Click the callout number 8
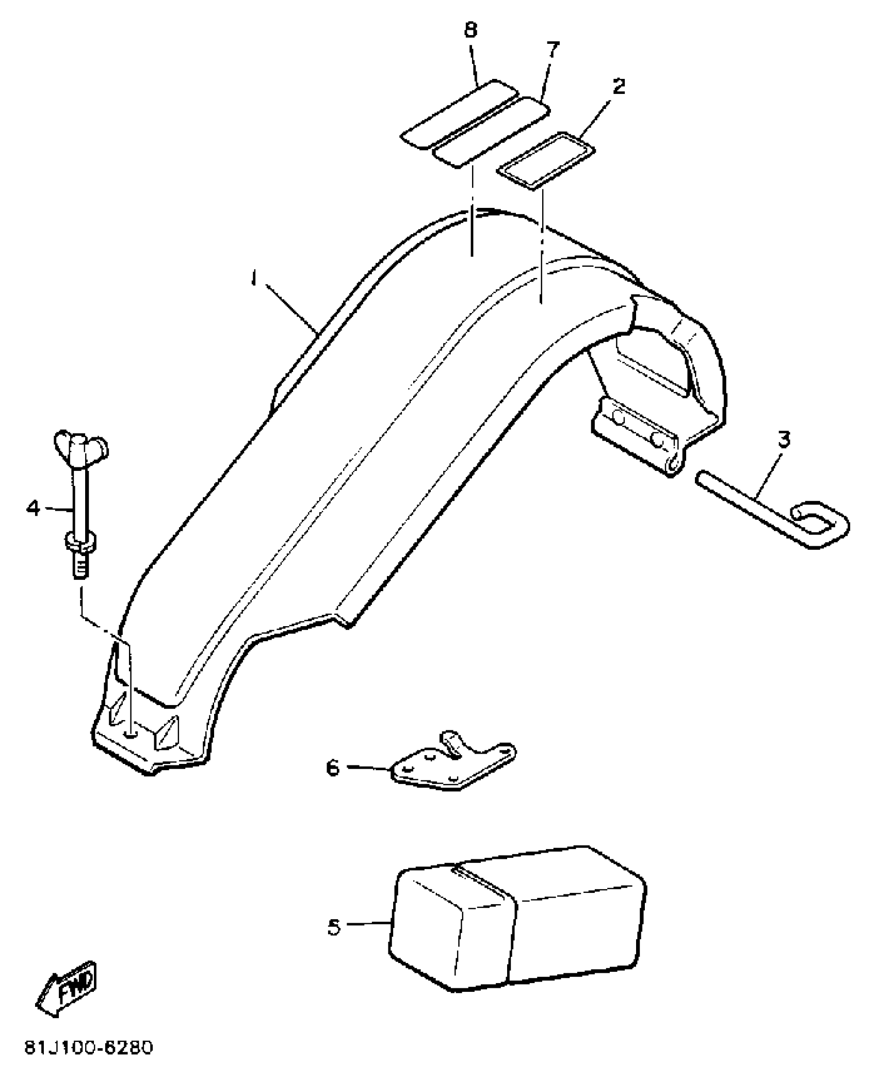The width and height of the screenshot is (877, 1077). (470, 30)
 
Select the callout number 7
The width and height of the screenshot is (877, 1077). (551, 50)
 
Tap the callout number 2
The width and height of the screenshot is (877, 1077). (619, 86)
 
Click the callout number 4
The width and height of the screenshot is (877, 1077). (33, 509)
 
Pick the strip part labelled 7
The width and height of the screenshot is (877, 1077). (491, 133)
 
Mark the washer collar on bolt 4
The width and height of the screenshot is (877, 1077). (80, 542)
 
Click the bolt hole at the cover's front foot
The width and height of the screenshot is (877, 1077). (132, 733)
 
